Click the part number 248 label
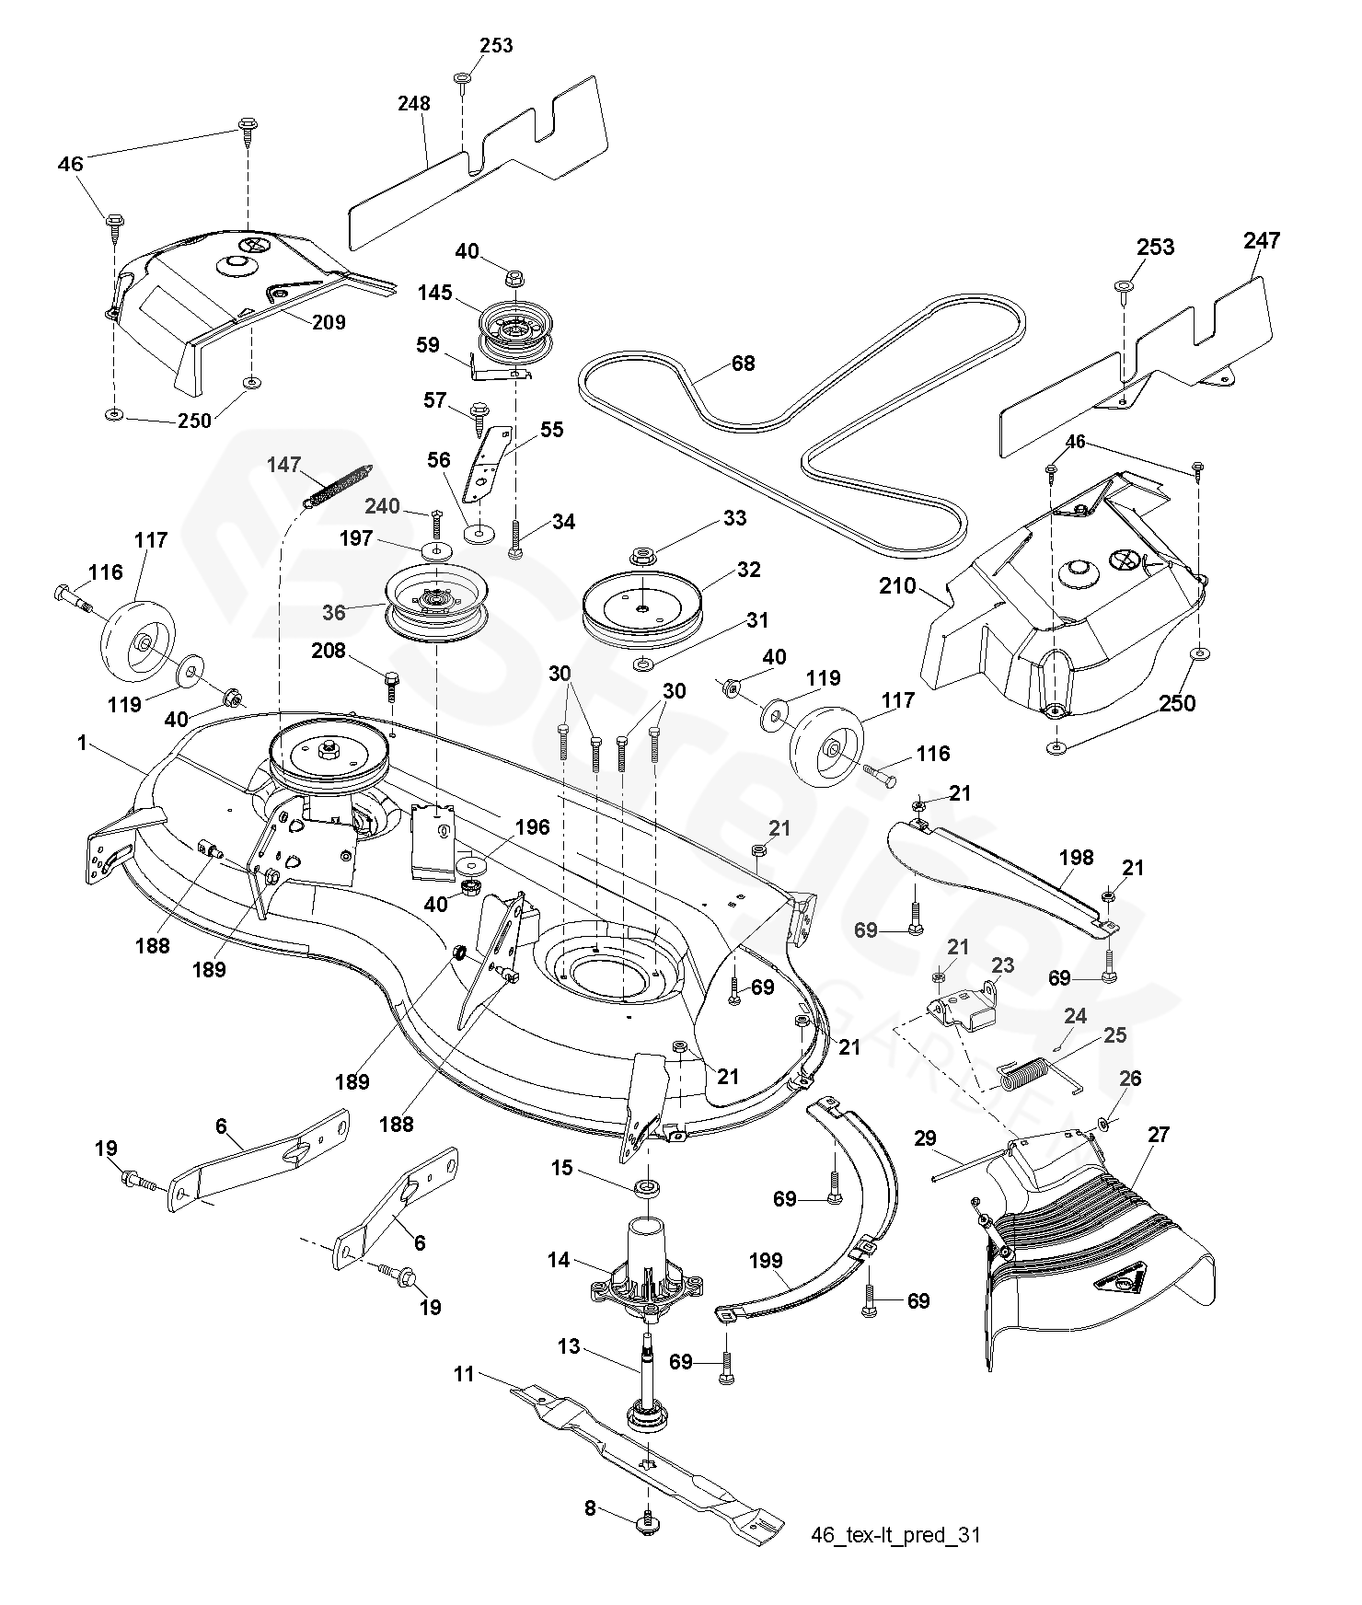pos(414,104)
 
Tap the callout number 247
pos(1261,241)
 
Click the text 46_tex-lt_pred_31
pos(895,1535)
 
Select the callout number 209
pos(329,322)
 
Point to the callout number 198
pos(1076,858)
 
